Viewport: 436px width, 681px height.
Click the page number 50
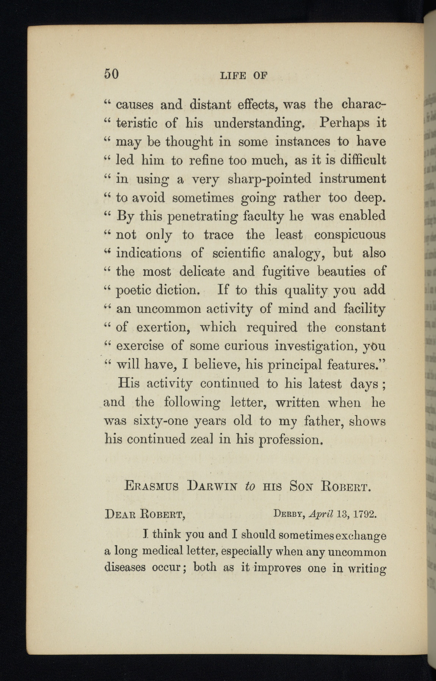(x=111, y=73)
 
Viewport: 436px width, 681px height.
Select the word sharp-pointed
(x=269, y=179)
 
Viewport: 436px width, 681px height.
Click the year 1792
(x=364, y=515)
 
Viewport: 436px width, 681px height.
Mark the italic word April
(x=321, y=515)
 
